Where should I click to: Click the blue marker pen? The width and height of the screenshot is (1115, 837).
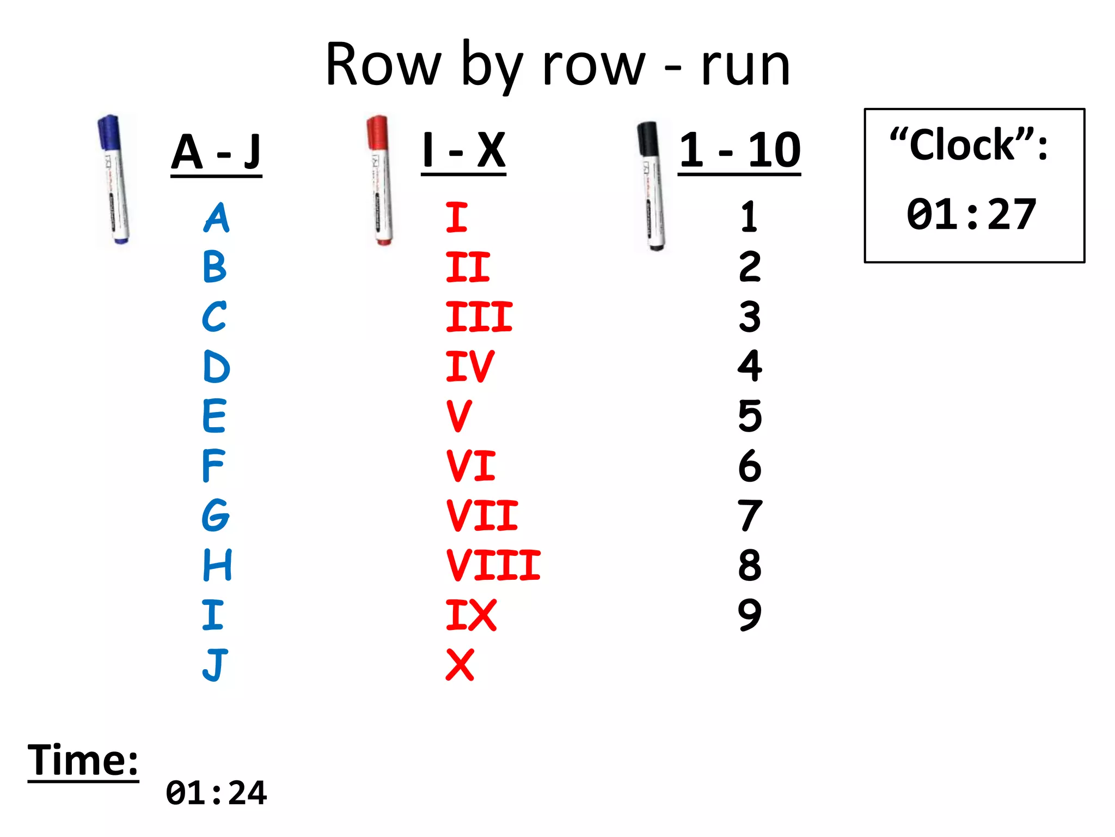(113, 180)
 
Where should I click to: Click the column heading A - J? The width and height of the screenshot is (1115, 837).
(216, 153)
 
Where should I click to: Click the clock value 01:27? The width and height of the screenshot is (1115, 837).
(971, 215)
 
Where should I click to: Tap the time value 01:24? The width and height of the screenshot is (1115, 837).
(216, 793)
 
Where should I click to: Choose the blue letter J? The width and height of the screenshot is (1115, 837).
(215, 665)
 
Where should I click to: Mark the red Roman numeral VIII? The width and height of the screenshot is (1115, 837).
(493, 565)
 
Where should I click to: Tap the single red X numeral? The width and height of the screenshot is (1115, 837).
(460, 665)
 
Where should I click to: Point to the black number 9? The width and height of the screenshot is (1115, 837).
(750, 615)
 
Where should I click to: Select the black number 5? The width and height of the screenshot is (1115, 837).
(750, 416)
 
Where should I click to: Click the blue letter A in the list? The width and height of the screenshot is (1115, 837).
(217, 217)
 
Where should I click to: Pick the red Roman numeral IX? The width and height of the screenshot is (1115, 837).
(471, 615)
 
